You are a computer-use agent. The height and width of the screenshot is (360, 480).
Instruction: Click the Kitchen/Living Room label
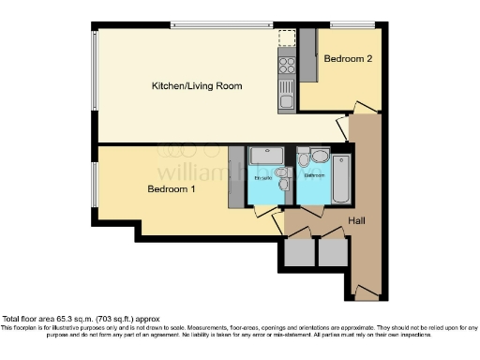(197, 86)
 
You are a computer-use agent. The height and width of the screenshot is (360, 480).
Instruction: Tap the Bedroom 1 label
(170, 188)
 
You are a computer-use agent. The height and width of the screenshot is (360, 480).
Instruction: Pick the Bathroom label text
(313, 175)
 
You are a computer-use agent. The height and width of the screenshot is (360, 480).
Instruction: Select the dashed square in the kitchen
(287, 38)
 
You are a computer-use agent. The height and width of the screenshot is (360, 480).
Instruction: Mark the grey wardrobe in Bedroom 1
(234, 177)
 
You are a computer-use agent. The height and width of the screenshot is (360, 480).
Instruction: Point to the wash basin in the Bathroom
(320, 156)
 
